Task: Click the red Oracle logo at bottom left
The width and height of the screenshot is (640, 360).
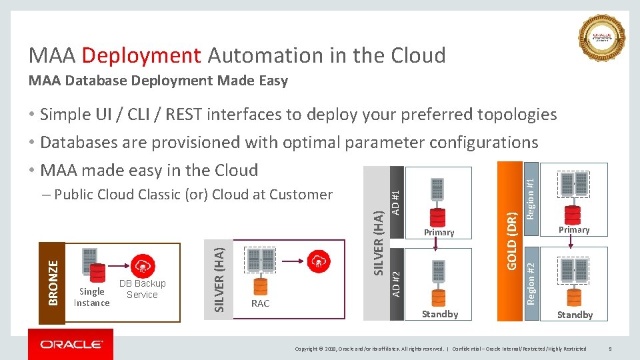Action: (71, 344)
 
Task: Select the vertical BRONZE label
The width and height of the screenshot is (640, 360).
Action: (52, 283)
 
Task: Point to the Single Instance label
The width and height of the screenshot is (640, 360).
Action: (91, 297)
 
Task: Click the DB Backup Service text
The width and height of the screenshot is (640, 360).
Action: (142, 289)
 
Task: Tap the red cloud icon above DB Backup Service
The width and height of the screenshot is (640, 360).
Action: (142, 265)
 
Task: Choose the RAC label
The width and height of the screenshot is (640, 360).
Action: (260, 303)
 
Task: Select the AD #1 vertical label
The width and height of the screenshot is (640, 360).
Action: (395, 201)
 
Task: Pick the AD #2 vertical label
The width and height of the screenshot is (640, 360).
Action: (395, 283)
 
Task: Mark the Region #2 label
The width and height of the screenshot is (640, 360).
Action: (531, 283)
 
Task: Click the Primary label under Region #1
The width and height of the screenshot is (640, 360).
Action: (574, 229)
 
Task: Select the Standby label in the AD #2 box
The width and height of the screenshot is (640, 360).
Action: (440, 314)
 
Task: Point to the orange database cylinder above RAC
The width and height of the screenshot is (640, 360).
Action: (260, 285)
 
